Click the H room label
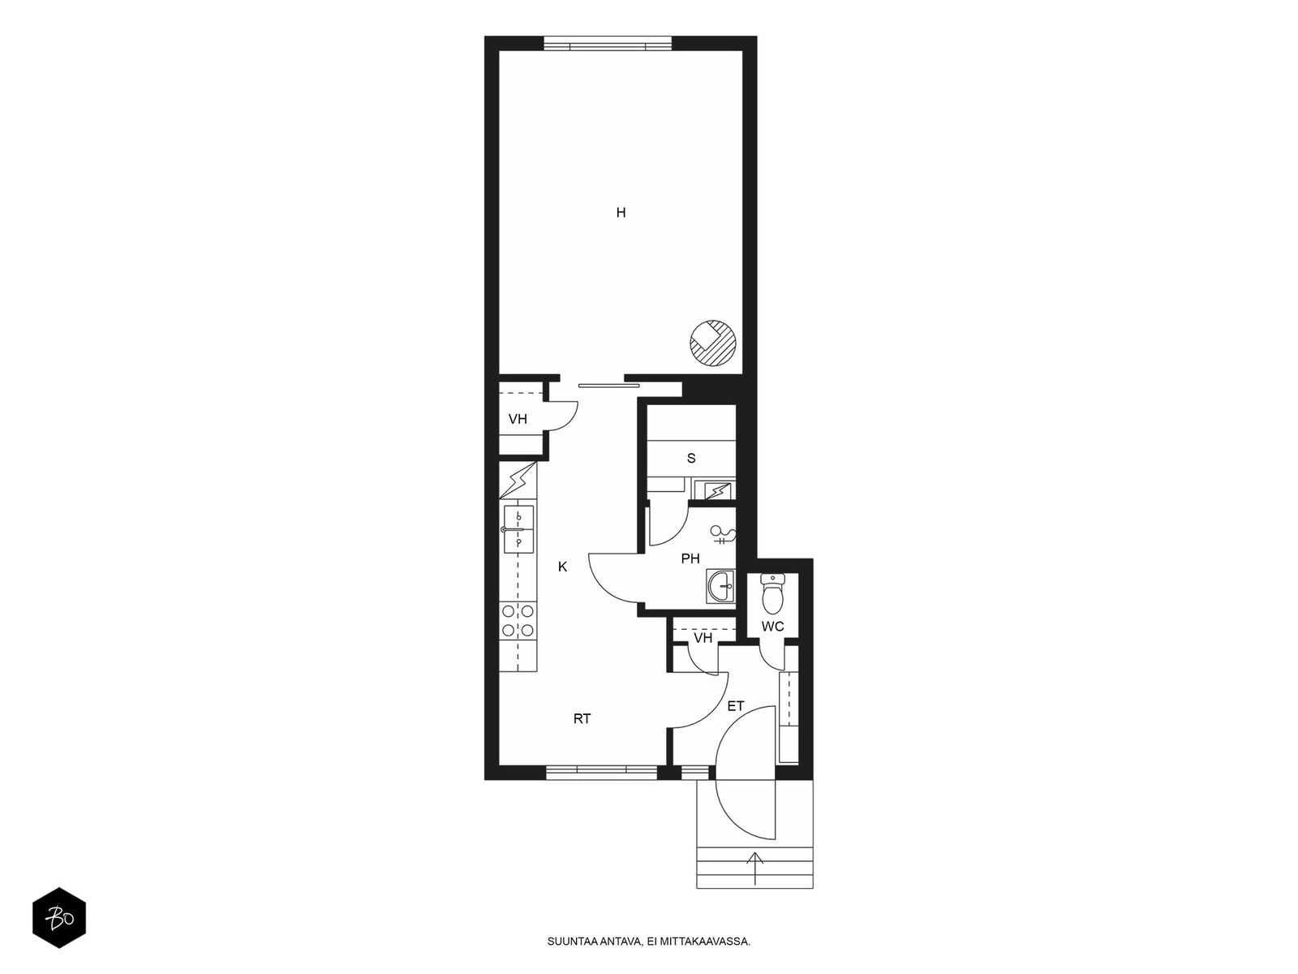[x=621, y=213]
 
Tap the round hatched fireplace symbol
[x=714, y=343]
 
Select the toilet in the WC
[x=771, y=594]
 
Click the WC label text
[x=772, y=627]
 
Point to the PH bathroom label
[x=690, y=558]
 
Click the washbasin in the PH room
[x=720, y=586]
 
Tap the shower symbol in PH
[x=724, y=535]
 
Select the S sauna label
[x=690, y=458]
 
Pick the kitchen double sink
[x=518, y=529]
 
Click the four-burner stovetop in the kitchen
[x=518, y=620]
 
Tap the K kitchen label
[x=562, y=567]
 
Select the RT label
[x=582, y=718]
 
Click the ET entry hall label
[x=735, y=706]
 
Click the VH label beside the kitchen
[x=518, y=420]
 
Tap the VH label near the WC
[x=703, y=637]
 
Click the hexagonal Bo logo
[x=59, y=918]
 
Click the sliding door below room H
[x=609, y=386]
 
